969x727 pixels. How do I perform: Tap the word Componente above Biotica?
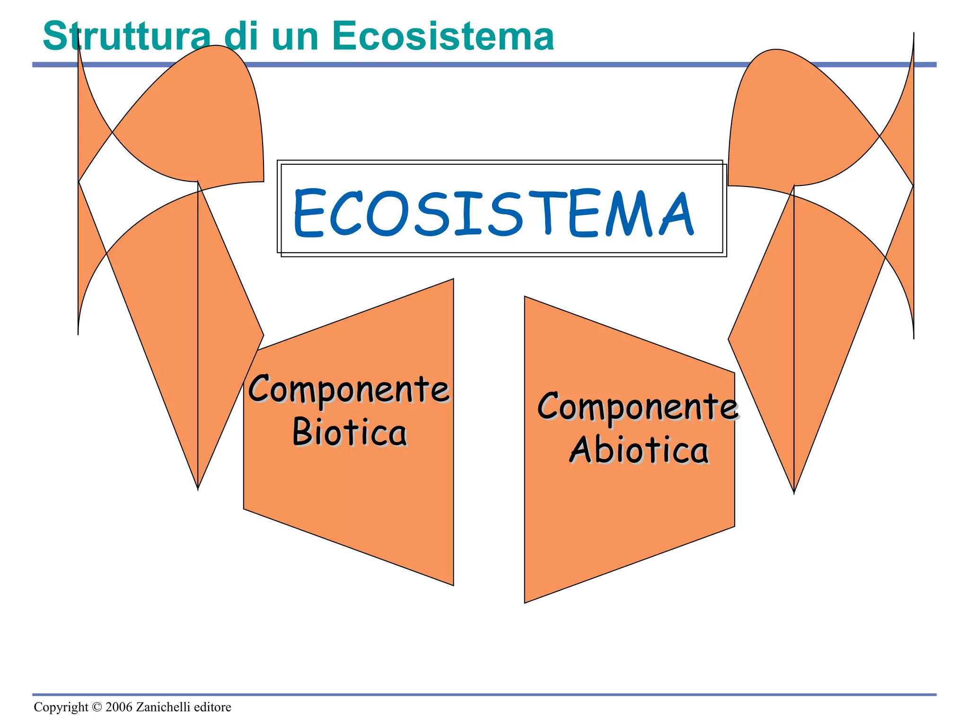click(349, 389)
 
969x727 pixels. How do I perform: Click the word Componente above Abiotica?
click(638, 407)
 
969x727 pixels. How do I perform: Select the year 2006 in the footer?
click(119, 707)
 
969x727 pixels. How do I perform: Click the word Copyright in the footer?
click(61, 707)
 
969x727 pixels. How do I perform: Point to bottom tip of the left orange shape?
click(198, 488)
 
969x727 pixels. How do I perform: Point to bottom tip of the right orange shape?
click(794, 492)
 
